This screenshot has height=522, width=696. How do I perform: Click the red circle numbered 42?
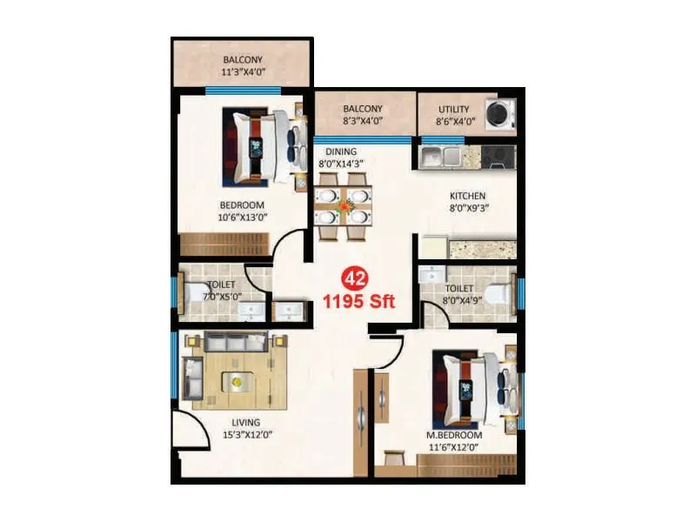tap(354, 278)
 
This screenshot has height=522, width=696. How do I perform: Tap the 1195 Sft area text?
tap(359, 302)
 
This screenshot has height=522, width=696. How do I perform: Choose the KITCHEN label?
tap(467, 196)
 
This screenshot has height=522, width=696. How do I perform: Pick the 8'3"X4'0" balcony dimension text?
tap(363, 122)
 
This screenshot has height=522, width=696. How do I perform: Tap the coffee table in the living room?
tap(236, 378)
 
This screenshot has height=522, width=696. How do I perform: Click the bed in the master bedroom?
tap(470, 385)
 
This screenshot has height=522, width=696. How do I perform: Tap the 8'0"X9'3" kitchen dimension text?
tap(467, 209)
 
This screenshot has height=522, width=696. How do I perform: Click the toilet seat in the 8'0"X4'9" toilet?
tap(494, 294)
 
